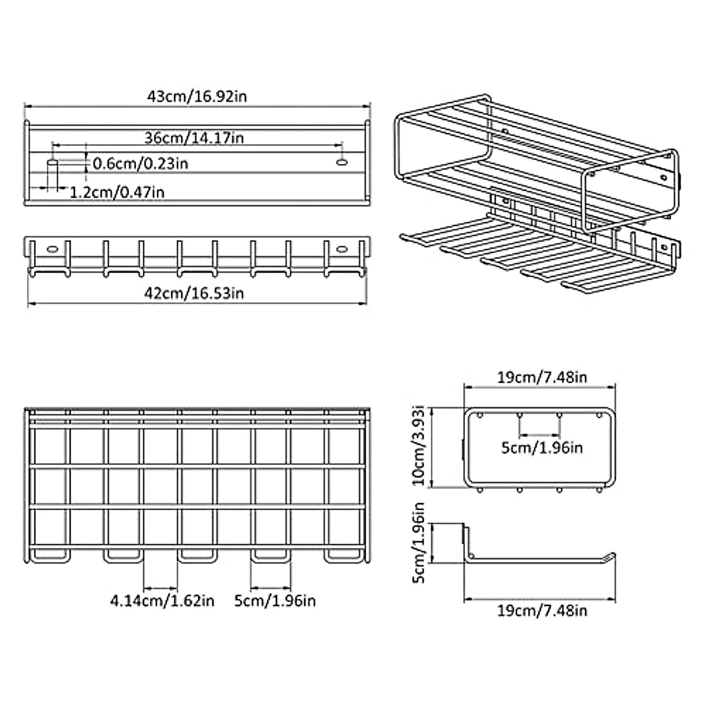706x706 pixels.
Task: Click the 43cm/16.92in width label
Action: [x=197, y=96]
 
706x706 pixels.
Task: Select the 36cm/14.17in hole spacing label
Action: [x=195, y=138]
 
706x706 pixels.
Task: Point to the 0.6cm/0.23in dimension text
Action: [x=141, y=163]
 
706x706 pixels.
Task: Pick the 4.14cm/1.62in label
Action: [x=162, y=601]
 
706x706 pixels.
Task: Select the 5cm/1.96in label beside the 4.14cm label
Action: [x=275, y=601]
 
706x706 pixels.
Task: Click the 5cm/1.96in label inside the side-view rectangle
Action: [x=542, y=448]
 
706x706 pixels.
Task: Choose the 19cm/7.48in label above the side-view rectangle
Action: [x=542, y=377]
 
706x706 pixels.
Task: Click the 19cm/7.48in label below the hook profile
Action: [x=542, y=610]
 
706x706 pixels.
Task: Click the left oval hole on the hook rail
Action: [x=52, y=248]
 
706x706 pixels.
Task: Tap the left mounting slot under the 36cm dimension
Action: [x=52, y=161]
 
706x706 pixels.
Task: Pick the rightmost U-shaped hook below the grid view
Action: [x=344, y=556]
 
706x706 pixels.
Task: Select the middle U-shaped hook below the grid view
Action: [x=197, y=556]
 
